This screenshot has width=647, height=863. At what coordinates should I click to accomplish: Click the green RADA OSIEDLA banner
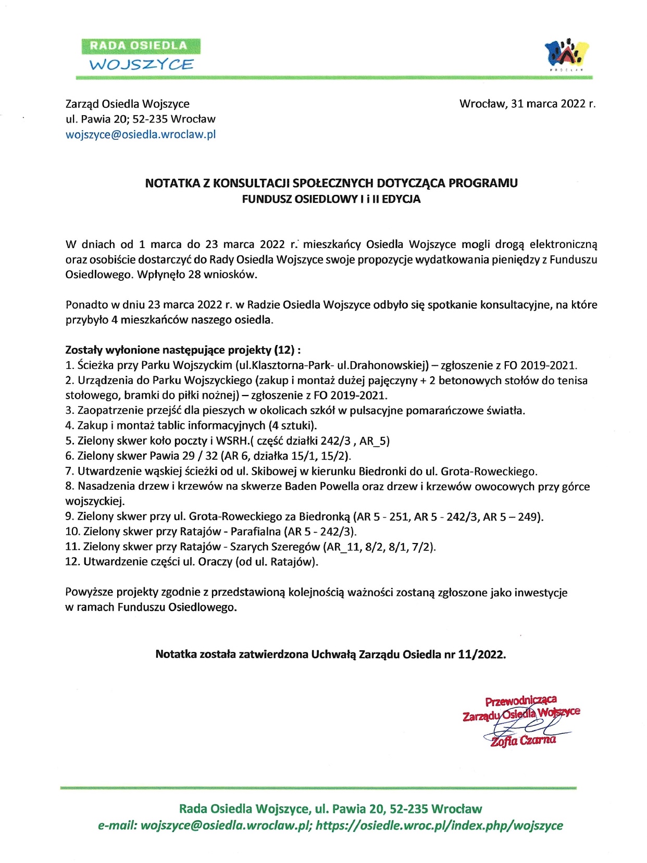point(141,46)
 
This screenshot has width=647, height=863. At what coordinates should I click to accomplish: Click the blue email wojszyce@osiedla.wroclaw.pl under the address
point(141,134)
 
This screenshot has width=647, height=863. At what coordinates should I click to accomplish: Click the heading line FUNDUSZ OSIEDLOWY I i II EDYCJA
point(331,199)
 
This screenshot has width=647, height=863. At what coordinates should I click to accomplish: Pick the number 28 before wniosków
point(194,275)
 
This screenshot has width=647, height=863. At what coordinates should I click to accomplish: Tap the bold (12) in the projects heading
point(284,350)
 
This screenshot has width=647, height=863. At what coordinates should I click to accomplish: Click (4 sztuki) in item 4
point(296,426)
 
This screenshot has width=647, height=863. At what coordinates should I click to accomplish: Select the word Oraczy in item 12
point(215,562)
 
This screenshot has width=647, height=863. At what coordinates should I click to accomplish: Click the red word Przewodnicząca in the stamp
point(520,700)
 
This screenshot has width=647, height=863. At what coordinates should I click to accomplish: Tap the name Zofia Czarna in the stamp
point(522,741)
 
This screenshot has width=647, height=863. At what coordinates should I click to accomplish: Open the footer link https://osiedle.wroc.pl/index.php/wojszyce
point(439,826)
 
